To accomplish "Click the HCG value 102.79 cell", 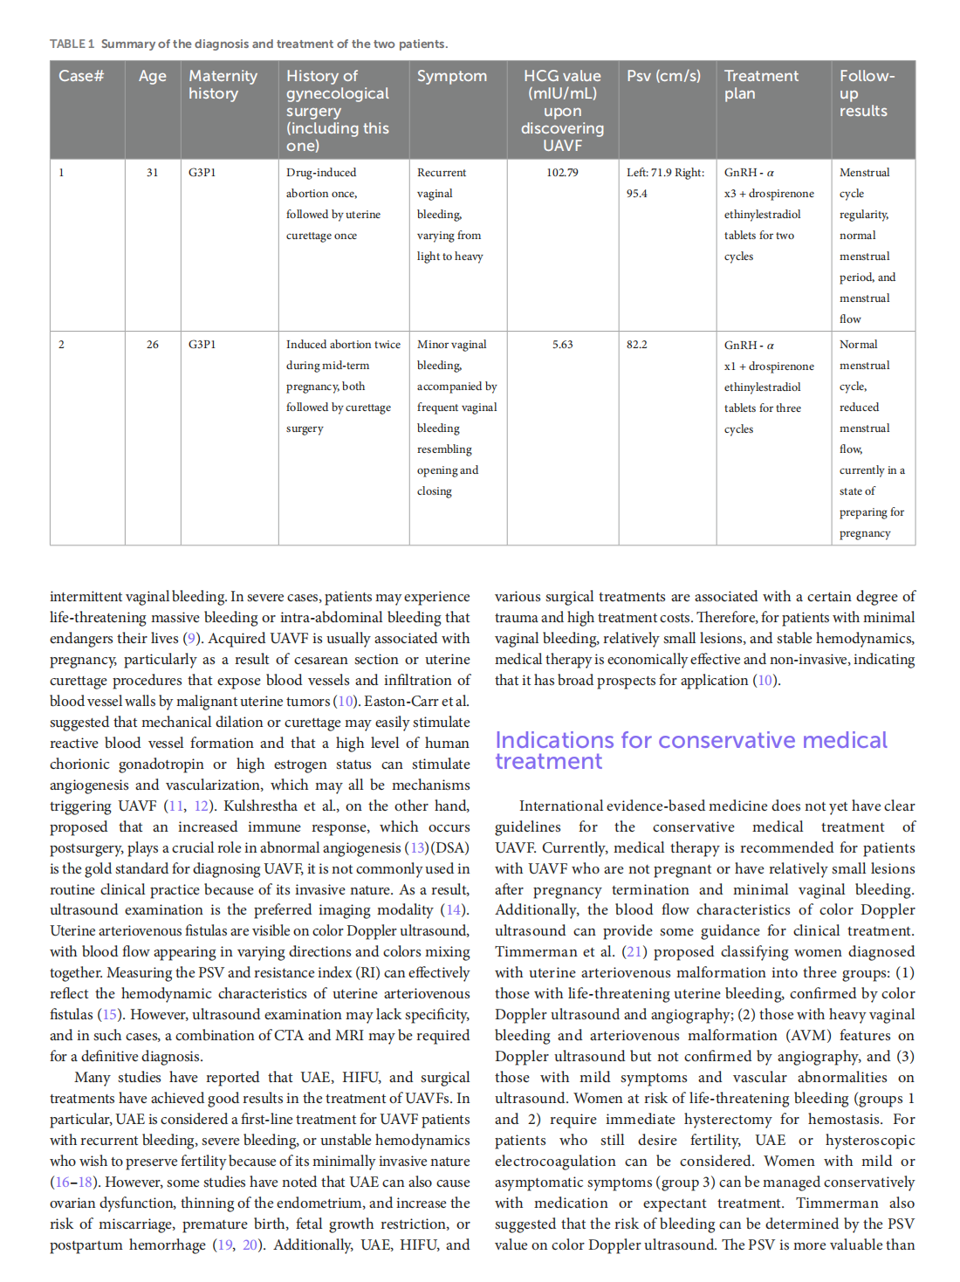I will click(562, 173).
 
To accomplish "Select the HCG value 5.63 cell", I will click(562, 345).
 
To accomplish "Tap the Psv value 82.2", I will click(637, 345).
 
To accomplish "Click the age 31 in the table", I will click(153, 173).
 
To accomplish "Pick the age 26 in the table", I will click(153, 345).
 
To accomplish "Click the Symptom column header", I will click(452, 76).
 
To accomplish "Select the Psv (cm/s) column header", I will click(663, 76).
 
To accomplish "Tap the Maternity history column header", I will click(223, 85).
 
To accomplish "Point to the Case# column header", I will click(81, 76).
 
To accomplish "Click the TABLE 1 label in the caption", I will click(72, 44).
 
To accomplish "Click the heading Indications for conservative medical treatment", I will click(690, 751).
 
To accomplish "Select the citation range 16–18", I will click(73, 1183).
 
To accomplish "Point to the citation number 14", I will click(454, 910).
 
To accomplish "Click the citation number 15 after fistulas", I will click(109, 1015).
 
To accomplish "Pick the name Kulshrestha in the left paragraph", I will click(260, 806).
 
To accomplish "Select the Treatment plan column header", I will click(761, 85).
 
